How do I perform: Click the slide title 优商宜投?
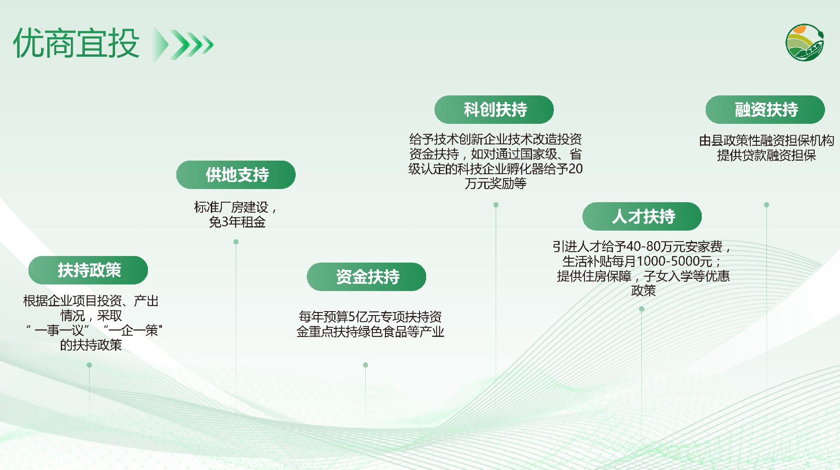(77, 43)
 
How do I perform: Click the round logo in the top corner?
(805, 42)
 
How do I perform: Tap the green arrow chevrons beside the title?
(182, 44)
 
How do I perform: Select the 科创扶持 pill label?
(494, 109)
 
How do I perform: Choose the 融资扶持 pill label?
(765, 109)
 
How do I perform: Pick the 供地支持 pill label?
(236, 175)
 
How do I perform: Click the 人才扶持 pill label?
(642, 216)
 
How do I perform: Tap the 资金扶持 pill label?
(366, 277)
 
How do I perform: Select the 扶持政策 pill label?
(88, 270)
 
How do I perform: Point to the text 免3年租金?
(237, 222)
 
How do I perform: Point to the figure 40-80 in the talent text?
(643, 246)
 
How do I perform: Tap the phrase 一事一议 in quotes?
(59, 330)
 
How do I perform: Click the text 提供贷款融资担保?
(766, 155)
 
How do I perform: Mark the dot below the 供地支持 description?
(236, 242)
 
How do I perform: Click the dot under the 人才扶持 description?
(641, 309)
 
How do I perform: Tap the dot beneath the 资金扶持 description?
(365, 365)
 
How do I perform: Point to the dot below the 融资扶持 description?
(766, 205)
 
